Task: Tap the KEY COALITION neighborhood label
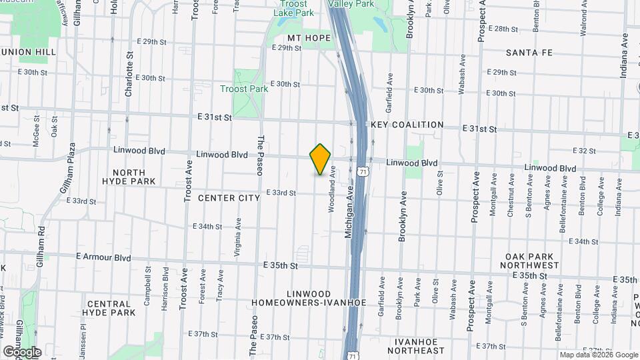click(x=407, y=125)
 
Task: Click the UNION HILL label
click(x=28, y=51)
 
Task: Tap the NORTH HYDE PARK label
click(x=129, y=177)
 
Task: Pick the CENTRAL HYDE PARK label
click(x=111, y=308)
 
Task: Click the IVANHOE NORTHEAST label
click(x=419, y=346)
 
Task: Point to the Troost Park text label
click(x=244, y=89)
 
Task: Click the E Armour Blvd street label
click(x=103, y=257)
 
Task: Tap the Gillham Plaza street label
click(x=69, y=175)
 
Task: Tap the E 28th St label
click(x=503, y=29)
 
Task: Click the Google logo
click(x=22, y=351)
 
